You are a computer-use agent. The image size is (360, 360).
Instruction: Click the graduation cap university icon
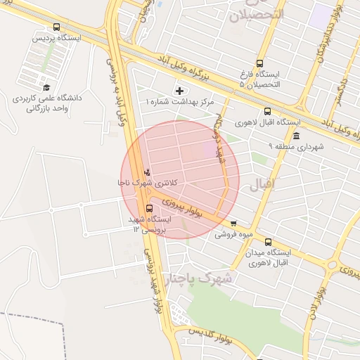click(47, 88)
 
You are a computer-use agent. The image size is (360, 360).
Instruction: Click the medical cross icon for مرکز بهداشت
click(180, 90)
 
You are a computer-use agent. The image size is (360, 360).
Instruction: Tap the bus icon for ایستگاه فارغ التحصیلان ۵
click(260, 64)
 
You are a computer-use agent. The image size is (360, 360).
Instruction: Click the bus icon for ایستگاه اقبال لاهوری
click(267, 111)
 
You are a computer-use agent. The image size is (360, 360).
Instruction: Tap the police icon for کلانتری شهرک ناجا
click(147, 172)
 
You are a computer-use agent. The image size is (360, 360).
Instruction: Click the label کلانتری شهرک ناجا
click(148, 183)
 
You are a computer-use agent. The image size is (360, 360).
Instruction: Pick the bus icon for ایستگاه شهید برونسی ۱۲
click(149, 208)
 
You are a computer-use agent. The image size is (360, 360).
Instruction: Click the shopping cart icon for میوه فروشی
click(233, 223)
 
